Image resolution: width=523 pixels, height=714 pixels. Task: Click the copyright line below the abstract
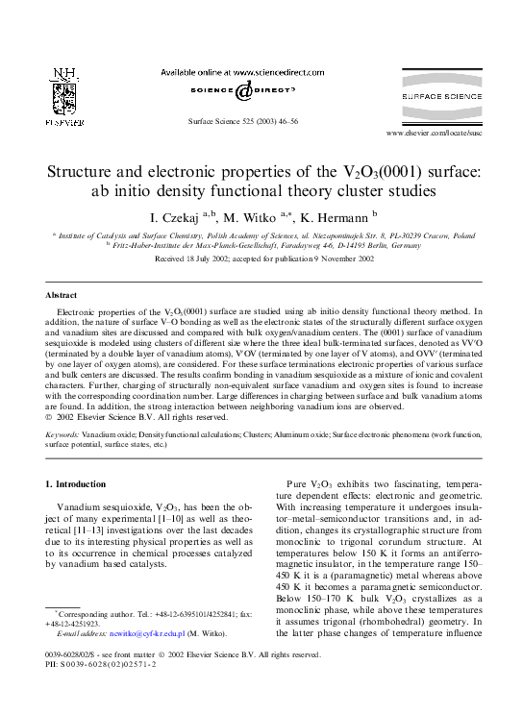tap(137, 417)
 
